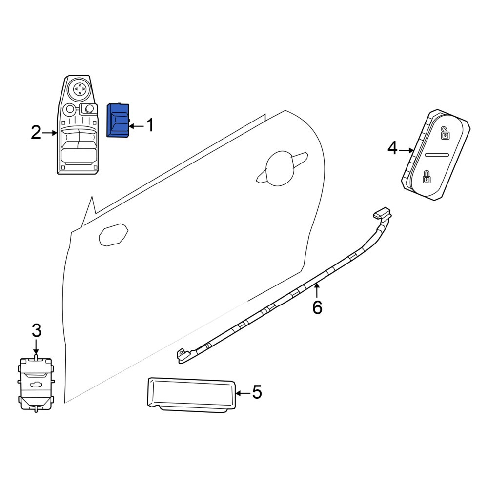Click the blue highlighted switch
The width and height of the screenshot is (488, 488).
pyautogui.click(x=118, y=120)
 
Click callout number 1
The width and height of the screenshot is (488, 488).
pyautogui.click(x=150, y=125)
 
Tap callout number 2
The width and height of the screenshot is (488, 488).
pyautogui.click(x=36, y=133)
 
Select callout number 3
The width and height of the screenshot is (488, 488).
pyautogui.click(x=37, y=330)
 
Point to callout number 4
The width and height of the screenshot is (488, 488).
pyautogui.click(x=392, y=148)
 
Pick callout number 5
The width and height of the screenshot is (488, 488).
pyautogui.click(x=257, y=392)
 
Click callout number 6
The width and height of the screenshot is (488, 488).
pyautogui.click(x=317, y=307)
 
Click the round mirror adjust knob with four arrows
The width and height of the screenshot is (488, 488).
pyautogui.click(x=80, y=89)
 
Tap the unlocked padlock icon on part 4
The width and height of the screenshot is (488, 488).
pyautogui.click(x=445, y=133)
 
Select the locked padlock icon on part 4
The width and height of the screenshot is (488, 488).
pyautogui.click(x=426, y=177)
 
